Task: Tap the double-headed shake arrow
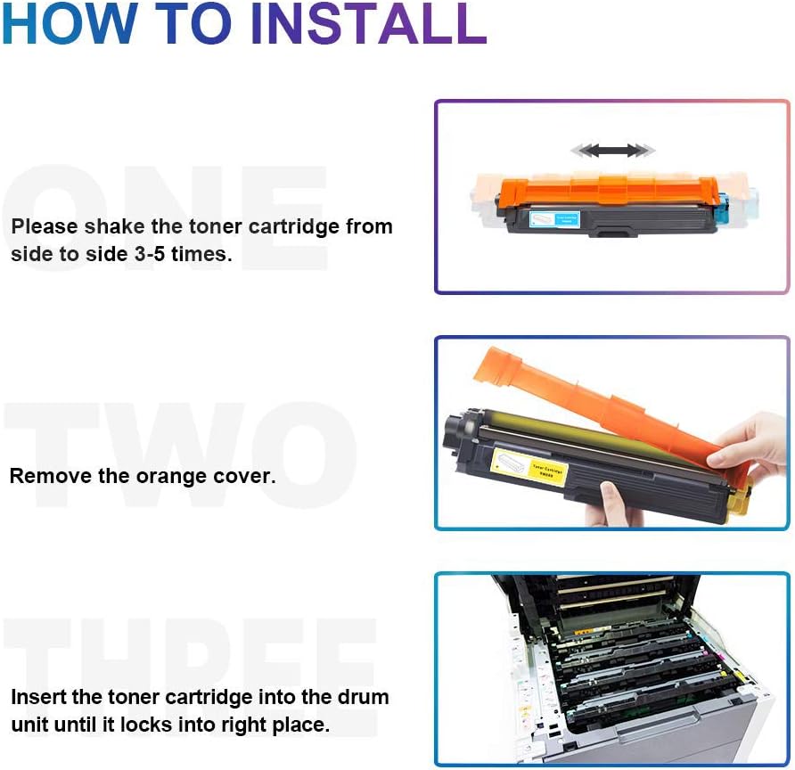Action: (x=613, y=151)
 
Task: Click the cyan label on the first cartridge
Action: (x=554, y=218)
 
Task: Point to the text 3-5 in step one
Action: (x=143, y=254)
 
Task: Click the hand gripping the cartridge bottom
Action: (x=620, y=504)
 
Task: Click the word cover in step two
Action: (x=245, y=477)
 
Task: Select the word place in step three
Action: (x=302, y=725)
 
